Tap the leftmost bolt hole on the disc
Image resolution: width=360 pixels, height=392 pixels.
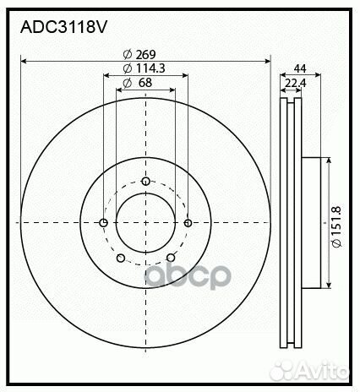tap(103, 223)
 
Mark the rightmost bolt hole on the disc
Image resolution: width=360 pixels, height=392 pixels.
tap(188, 223)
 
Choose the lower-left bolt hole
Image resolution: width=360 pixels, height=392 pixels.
tap(120, 258)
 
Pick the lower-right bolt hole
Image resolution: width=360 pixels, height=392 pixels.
tap(171, 258)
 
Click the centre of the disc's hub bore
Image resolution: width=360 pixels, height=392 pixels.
tap(145, 222)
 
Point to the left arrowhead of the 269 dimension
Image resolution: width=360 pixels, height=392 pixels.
tap(23, 61)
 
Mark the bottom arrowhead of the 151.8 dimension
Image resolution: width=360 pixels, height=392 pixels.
tap(327, 286)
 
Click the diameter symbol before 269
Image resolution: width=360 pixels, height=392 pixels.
tap(127, 54)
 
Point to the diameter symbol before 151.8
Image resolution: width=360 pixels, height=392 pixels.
tap(335, 244)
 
